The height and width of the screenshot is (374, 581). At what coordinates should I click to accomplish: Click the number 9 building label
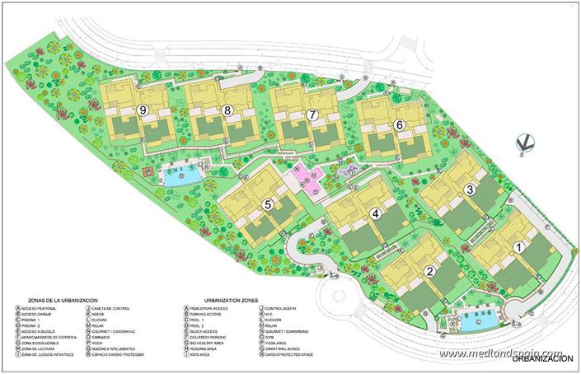click(143, 110)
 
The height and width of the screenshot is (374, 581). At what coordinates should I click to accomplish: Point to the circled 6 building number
click(400, 125)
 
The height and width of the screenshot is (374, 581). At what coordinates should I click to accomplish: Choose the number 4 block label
click(375, 214)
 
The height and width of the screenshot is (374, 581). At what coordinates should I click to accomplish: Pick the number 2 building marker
click(429, 271)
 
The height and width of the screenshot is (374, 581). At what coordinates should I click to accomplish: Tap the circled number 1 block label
click(518, 245)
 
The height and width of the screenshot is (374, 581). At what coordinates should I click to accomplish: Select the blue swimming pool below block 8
click(180, 175)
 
